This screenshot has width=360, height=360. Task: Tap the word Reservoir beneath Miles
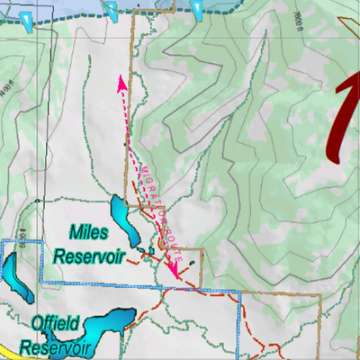(88, 256)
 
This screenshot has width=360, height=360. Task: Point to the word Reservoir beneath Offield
(56, 346)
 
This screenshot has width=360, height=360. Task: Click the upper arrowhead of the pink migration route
(120, 82)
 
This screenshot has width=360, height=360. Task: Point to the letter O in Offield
(37, 321)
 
